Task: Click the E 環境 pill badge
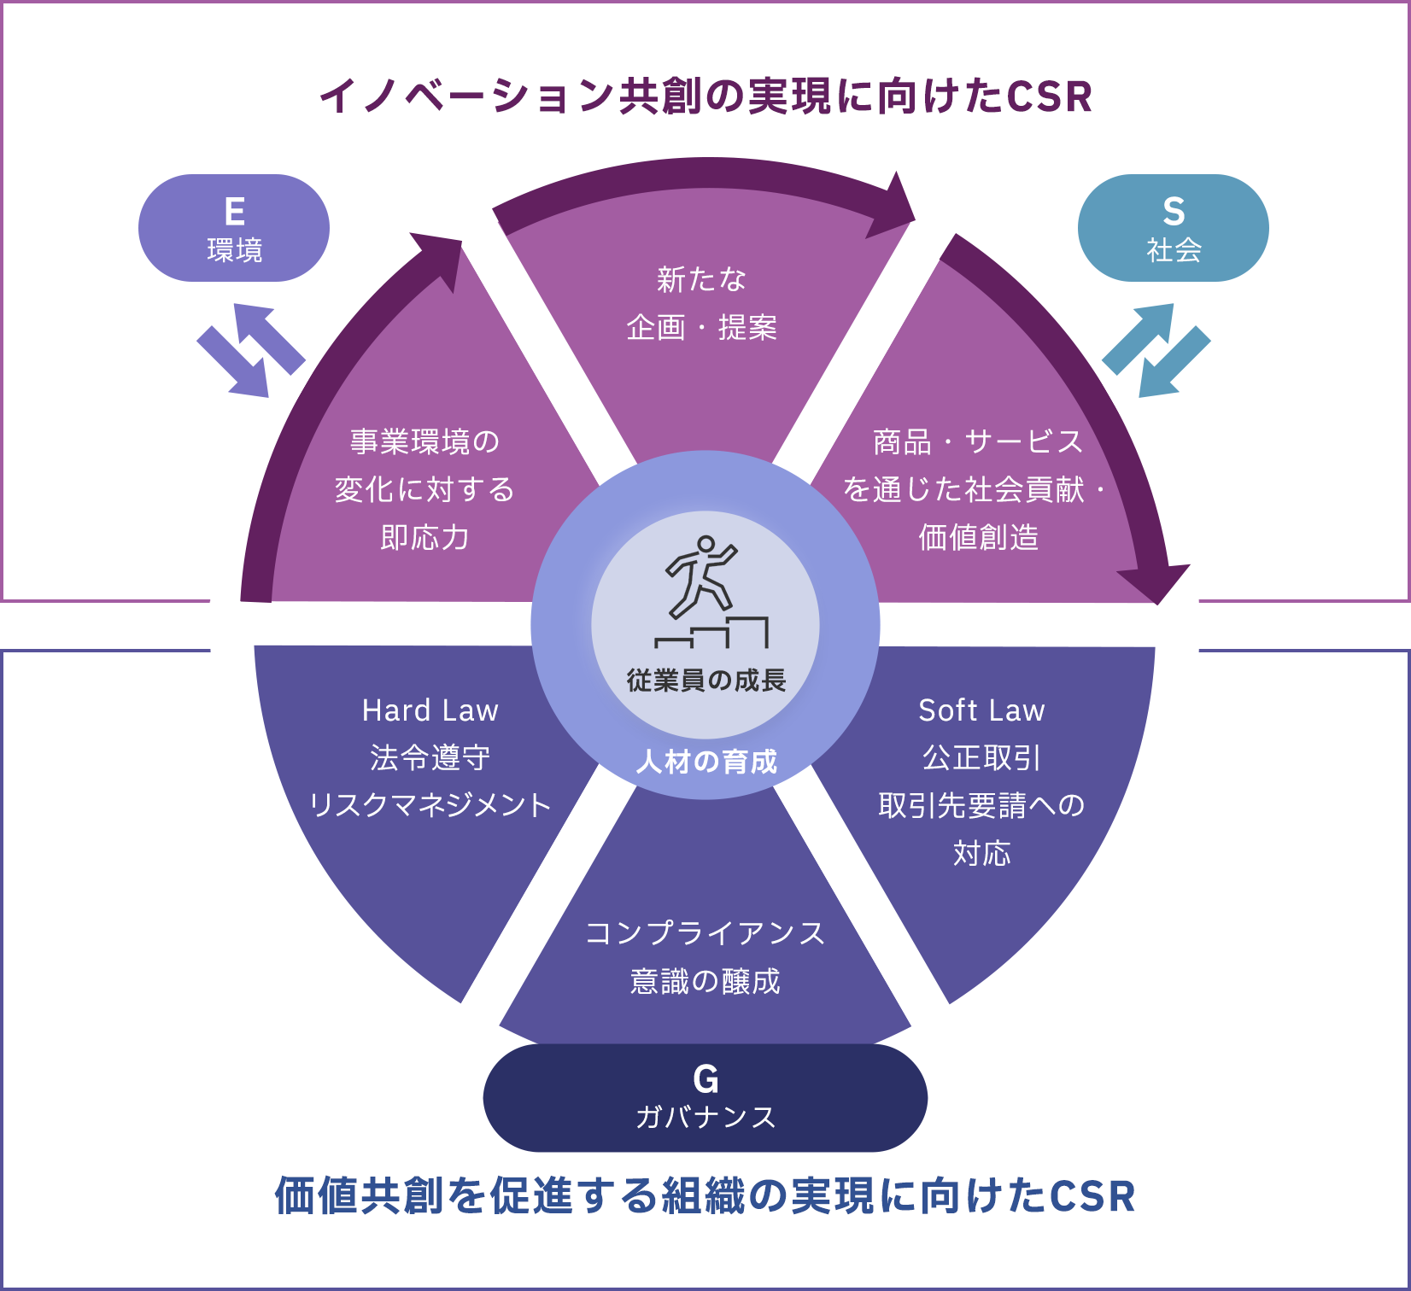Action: [x=233, y=228]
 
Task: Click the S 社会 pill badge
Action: [x=1173, y=228]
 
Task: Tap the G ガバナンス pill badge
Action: [x=705, y=1097]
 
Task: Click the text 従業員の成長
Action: [x=705, y=681]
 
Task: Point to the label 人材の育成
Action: [x=705, y=761]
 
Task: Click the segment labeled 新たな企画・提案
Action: [x=701, y=304]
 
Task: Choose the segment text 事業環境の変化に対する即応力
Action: [x=424, y=489]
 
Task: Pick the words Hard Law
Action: [x=430, y=710]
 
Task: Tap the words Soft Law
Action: [x=981, y=710]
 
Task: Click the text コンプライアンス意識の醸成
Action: [x=705, y=957]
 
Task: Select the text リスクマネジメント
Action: [x=430, y=805]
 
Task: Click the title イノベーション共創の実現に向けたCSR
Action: [x=705, y=96]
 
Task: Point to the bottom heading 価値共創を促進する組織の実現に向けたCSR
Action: [x=705, y=1195]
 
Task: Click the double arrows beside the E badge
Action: [x=250, y=350]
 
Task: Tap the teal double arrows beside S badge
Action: [x=1156, y=350]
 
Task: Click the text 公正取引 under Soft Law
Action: [x=981, y=757]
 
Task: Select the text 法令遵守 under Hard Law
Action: [x=430, y=757]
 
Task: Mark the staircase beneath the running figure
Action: [x=711, y=633]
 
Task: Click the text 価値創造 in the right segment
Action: [x=978, y=537]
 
